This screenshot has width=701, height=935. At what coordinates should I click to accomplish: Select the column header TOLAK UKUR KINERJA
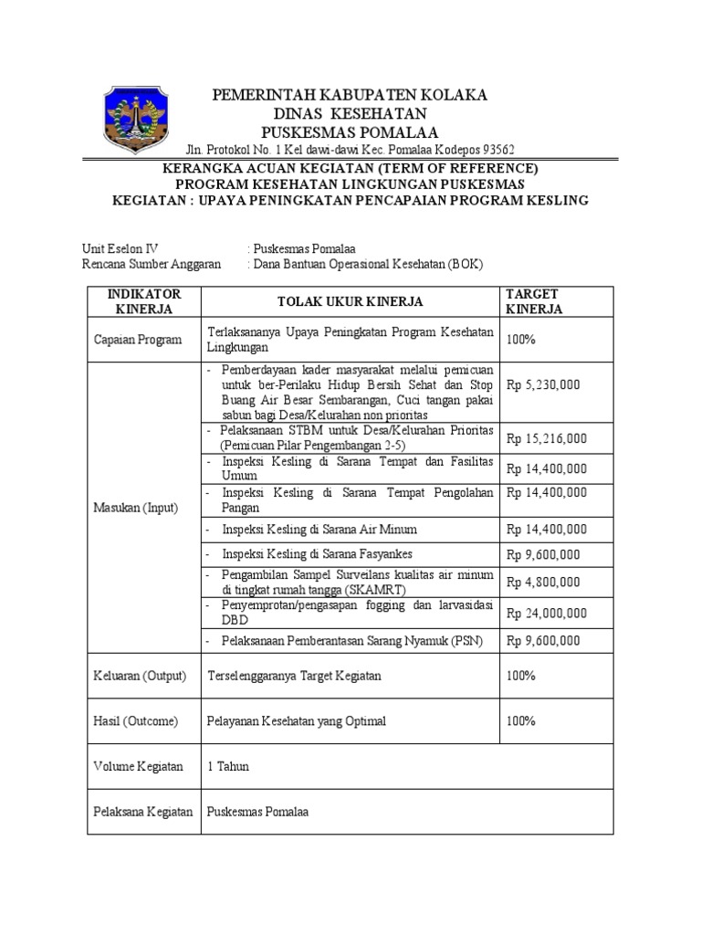point(350,301)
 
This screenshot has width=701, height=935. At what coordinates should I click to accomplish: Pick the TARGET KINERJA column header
point(534,301)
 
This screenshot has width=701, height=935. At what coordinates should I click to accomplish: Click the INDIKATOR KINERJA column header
point(144,301)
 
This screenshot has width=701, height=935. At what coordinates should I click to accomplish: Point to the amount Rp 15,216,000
point(547,438)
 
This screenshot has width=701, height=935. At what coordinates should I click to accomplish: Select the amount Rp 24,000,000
point(547,613)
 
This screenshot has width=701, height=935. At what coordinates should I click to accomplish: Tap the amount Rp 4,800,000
point(543,583)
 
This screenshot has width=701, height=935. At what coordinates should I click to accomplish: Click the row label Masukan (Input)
point(136,508)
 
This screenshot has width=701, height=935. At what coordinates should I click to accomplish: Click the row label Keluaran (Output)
point(140,676)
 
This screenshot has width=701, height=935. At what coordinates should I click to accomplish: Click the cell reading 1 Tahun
point(228,766)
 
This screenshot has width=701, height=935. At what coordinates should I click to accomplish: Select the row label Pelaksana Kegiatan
point(143,811)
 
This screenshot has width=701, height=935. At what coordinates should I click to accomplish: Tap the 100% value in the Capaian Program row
point(521,340)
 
